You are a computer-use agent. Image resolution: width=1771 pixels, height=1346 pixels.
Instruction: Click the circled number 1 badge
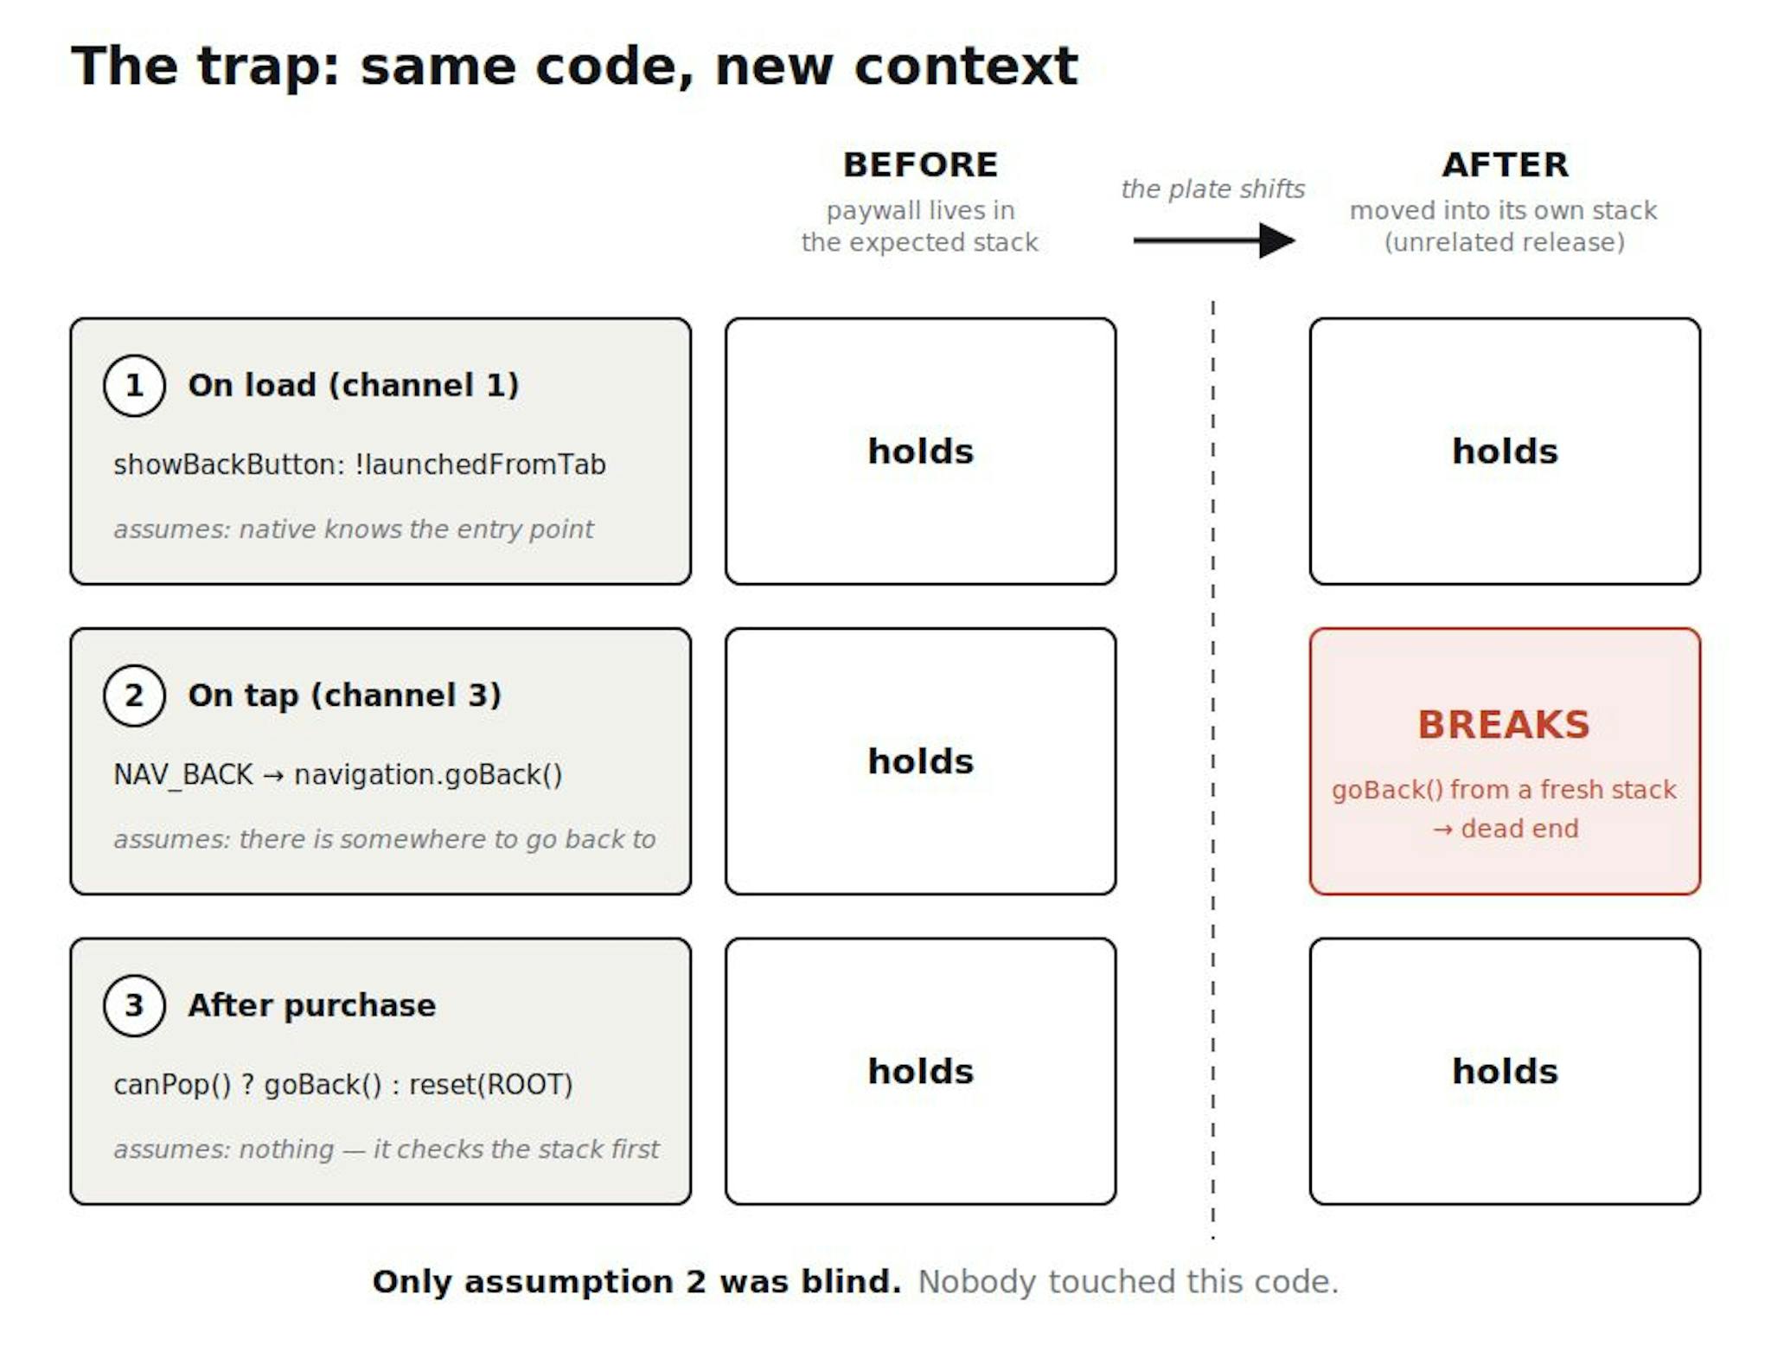134,386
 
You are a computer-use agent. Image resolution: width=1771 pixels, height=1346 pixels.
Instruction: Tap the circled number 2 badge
134,695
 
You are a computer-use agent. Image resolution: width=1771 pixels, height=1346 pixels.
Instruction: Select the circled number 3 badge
134,1005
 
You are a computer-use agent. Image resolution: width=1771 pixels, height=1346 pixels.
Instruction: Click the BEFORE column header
921,164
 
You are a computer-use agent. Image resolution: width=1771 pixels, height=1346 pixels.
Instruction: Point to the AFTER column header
1506,164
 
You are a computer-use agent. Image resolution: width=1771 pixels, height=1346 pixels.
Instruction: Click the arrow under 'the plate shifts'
1214,240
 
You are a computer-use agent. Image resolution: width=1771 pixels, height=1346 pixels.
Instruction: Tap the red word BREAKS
1505,725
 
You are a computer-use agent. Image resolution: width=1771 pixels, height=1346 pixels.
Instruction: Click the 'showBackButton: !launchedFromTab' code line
360,465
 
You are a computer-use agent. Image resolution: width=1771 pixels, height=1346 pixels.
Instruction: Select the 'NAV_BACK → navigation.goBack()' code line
338,774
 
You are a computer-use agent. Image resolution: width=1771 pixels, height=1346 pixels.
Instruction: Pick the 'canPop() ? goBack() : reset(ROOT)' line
343,1085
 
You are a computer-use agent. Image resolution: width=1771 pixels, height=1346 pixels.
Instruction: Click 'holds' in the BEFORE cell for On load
921,452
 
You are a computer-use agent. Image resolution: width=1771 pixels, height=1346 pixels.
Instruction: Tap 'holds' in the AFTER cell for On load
1506,452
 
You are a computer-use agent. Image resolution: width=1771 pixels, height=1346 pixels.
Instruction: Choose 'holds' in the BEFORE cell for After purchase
921,1072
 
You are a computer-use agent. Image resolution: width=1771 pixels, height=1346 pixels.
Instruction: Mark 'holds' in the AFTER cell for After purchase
1506,1072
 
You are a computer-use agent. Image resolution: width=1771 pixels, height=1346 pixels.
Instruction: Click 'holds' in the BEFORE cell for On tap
921,761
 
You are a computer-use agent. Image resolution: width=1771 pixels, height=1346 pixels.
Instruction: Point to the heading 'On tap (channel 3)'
345,695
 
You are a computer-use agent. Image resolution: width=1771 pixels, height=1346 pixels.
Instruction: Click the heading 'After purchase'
312,1005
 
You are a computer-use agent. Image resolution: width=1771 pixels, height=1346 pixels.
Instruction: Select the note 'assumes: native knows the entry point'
354,529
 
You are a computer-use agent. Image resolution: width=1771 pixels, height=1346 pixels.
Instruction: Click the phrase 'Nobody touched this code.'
1128,1282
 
